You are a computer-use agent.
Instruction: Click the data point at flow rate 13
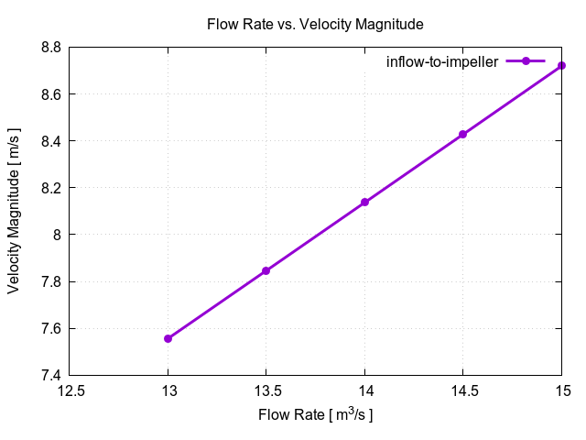tap(168, 338)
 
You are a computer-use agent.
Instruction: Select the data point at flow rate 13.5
tap(266, 270)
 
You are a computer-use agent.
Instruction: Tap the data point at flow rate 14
tap(364, 202)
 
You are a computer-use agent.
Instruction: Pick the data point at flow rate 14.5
tap(463, 134)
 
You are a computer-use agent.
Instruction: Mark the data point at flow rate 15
tap(561, 65)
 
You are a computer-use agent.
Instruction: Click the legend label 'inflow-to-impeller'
tap(442, 61)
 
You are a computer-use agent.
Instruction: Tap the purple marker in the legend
tap(526, 61)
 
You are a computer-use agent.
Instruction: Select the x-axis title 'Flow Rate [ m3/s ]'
tap(315, 415)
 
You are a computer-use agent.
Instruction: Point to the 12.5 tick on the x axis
tap(70, 390)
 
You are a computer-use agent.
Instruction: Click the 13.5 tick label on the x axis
tap(266, 390)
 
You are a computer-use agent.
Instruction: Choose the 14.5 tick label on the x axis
tap(463, 390)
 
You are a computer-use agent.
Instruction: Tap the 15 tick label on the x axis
tap(561, 390)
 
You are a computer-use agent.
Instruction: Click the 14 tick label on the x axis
tap(364, 390)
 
